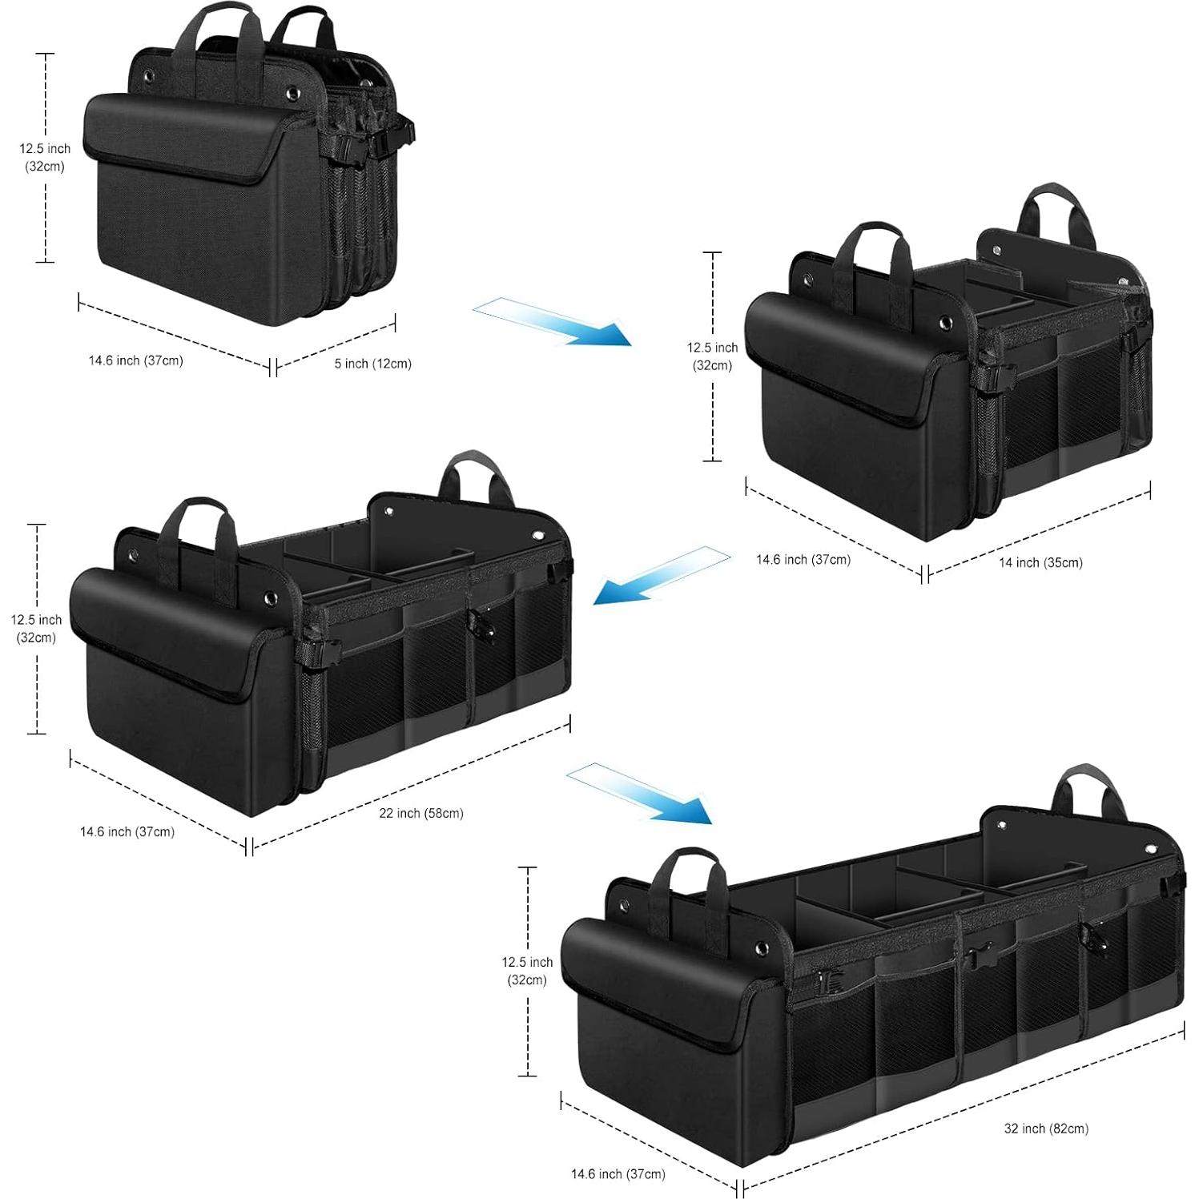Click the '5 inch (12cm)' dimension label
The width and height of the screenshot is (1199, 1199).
372,364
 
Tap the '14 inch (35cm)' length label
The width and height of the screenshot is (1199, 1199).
1040,563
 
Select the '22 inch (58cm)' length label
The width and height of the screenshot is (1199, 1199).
420,813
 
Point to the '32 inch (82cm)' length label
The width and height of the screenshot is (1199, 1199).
1045,1129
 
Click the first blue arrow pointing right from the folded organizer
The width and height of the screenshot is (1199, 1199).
552,320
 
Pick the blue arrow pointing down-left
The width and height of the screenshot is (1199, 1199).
661,574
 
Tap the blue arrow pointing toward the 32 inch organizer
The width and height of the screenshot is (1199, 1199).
639,792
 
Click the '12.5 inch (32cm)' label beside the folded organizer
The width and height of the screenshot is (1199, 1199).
45,158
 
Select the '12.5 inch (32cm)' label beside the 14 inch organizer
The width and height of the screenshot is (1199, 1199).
711,356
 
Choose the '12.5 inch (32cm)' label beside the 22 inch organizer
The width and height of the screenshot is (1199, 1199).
36,629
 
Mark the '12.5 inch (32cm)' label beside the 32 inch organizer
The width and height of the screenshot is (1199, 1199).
527,971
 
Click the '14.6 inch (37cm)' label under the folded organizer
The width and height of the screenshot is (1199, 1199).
135,360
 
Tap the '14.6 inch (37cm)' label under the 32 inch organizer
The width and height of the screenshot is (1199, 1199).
618,1174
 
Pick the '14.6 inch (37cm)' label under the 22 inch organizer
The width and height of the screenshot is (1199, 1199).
127,832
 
